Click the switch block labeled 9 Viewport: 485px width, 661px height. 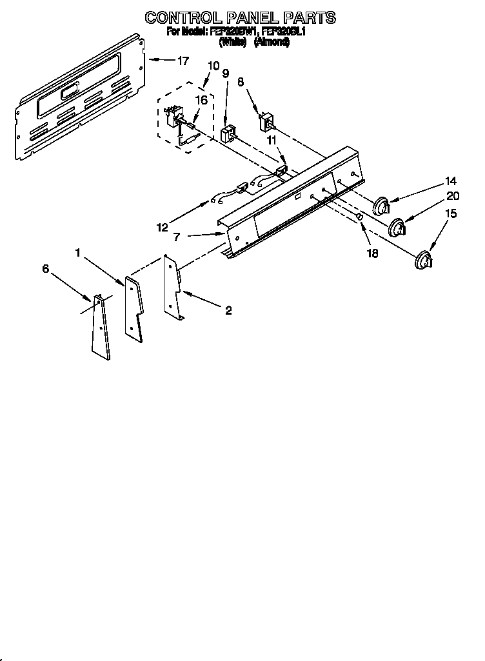[227, 134]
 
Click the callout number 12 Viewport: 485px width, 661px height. [162, 226]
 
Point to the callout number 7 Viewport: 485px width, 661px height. [175, 237]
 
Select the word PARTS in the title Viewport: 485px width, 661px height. [308, 17]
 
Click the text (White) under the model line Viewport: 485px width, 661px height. [233, 42]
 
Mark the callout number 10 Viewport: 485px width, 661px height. [213, 65]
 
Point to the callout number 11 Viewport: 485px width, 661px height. [272, 139]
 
